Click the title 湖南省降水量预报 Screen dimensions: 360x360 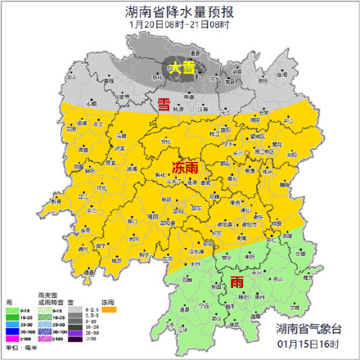point(180,10)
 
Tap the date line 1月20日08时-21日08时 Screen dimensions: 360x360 point(180,24)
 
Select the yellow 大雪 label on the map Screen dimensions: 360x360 point(182,69)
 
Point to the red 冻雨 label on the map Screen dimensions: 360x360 point(185,168)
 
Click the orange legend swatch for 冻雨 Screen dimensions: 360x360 point(109,310)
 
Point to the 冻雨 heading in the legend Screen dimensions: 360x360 point(107,303)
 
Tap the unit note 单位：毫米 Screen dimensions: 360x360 point(18,348)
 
